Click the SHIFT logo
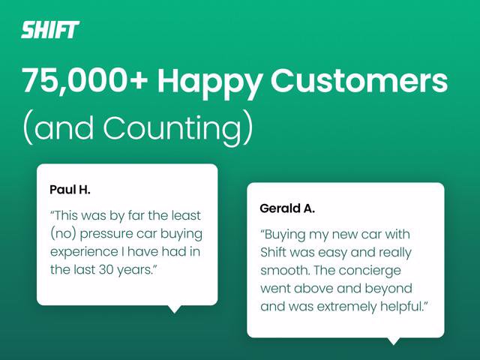coord(50,30)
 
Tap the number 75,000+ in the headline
coord(85,81)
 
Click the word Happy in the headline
coord(209,83)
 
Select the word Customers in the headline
coord(359,81)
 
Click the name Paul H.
coord(70,190)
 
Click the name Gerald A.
coord(287,208)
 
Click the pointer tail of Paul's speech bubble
coord(175,309)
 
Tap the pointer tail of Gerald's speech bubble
coord(393,341)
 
